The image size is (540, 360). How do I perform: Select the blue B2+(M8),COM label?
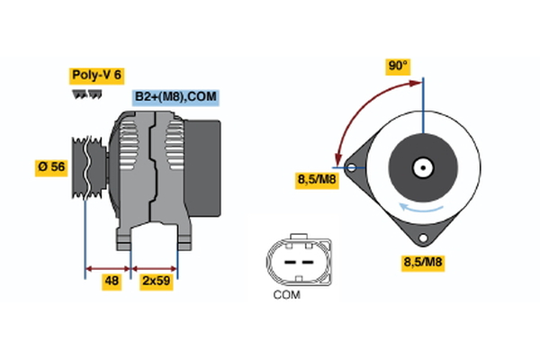point(176,97)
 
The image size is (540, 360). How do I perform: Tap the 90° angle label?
point(398,66)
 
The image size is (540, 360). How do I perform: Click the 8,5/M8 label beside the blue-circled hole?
point(317,180)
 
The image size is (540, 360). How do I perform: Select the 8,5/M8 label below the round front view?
point(422,263)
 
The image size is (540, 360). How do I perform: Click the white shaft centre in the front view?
point(420,167)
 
